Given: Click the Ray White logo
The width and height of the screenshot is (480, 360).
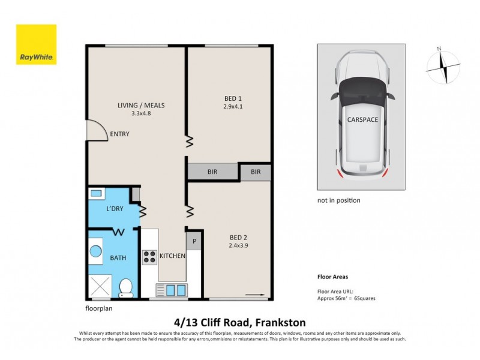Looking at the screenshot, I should coord(36,44).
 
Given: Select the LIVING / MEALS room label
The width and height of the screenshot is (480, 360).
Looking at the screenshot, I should coord(140,106).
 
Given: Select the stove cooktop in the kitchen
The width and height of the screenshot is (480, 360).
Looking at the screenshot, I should coord(149,257).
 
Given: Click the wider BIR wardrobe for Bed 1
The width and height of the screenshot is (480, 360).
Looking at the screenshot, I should coord(213,172).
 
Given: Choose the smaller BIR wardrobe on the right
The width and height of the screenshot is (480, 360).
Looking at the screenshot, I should coord(256,172).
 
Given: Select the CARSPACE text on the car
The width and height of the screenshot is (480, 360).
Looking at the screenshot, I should coord(362,120).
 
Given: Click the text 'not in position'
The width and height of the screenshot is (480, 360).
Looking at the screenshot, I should coord(338,200).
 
